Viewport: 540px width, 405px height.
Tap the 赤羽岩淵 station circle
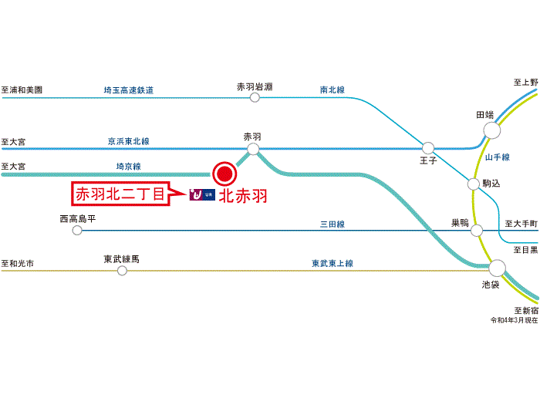pos(255,97)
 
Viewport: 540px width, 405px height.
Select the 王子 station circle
pos(428,147)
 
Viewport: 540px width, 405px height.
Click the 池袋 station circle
pos(497,268)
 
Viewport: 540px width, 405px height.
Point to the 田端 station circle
pos(489,130)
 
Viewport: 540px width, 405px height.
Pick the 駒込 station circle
pos(473,184)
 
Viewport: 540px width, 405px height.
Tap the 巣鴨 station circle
pos(477,230)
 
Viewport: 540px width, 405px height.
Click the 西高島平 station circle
pos(76,230)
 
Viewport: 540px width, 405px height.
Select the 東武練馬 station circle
pos(122,270)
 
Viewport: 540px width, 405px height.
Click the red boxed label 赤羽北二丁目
pos(120,195)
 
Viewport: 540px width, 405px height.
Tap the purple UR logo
pos(201,196)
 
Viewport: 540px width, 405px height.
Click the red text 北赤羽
pos(243,196)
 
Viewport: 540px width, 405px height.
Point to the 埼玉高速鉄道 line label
pos(129,90)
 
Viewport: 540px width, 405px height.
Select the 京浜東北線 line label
pos(129,142)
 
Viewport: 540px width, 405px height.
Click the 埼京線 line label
pos(128,166)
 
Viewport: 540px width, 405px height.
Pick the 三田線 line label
pos(332,224)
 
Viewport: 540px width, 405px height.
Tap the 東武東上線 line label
pos(332,264)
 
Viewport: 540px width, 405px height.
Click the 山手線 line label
pos(497,157)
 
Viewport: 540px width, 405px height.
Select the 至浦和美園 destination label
pos(22,90)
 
